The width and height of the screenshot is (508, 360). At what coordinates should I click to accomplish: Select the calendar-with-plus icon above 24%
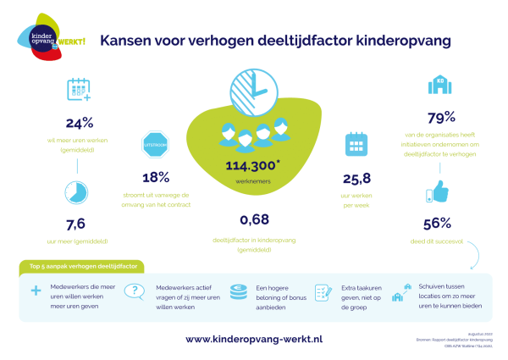pyautogui.click(x=78, y=90)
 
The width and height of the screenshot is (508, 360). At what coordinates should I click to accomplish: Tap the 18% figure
pyautogui.click(x=156, y=177)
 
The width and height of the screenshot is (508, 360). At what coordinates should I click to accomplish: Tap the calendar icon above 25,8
pyautogui.click(x=355, y=146)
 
